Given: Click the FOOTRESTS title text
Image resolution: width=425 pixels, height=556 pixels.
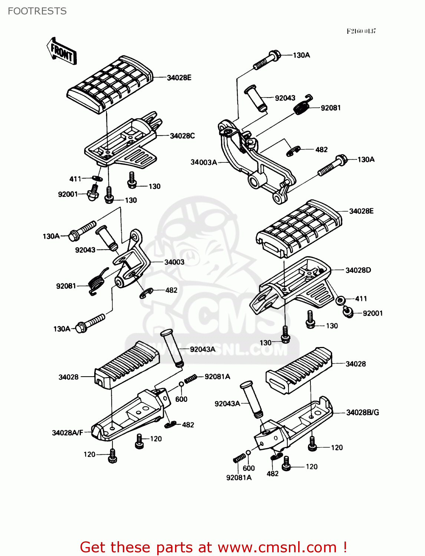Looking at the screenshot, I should click(37, 11).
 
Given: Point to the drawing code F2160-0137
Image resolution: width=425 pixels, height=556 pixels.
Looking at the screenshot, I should click(361, 31).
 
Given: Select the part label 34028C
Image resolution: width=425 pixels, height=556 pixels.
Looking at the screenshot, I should click(182, 136).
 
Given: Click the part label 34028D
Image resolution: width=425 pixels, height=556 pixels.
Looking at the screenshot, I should click(358, 270).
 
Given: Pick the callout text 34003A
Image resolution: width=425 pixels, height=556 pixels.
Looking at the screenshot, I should click(204, 162).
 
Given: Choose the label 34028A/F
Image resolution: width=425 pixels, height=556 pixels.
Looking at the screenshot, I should click(67, 433).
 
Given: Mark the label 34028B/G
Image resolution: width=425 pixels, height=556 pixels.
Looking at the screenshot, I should click(362, 413).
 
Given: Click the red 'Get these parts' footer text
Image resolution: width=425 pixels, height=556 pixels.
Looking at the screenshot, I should click(213, 547).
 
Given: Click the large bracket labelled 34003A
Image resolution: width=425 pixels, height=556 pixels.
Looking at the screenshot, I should click(256, 159).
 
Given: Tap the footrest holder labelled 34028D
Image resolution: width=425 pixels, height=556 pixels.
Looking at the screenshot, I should click(293, 285).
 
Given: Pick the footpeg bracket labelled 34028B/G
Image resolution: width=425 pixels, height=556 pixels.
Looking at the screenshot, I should click(293, 426).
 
